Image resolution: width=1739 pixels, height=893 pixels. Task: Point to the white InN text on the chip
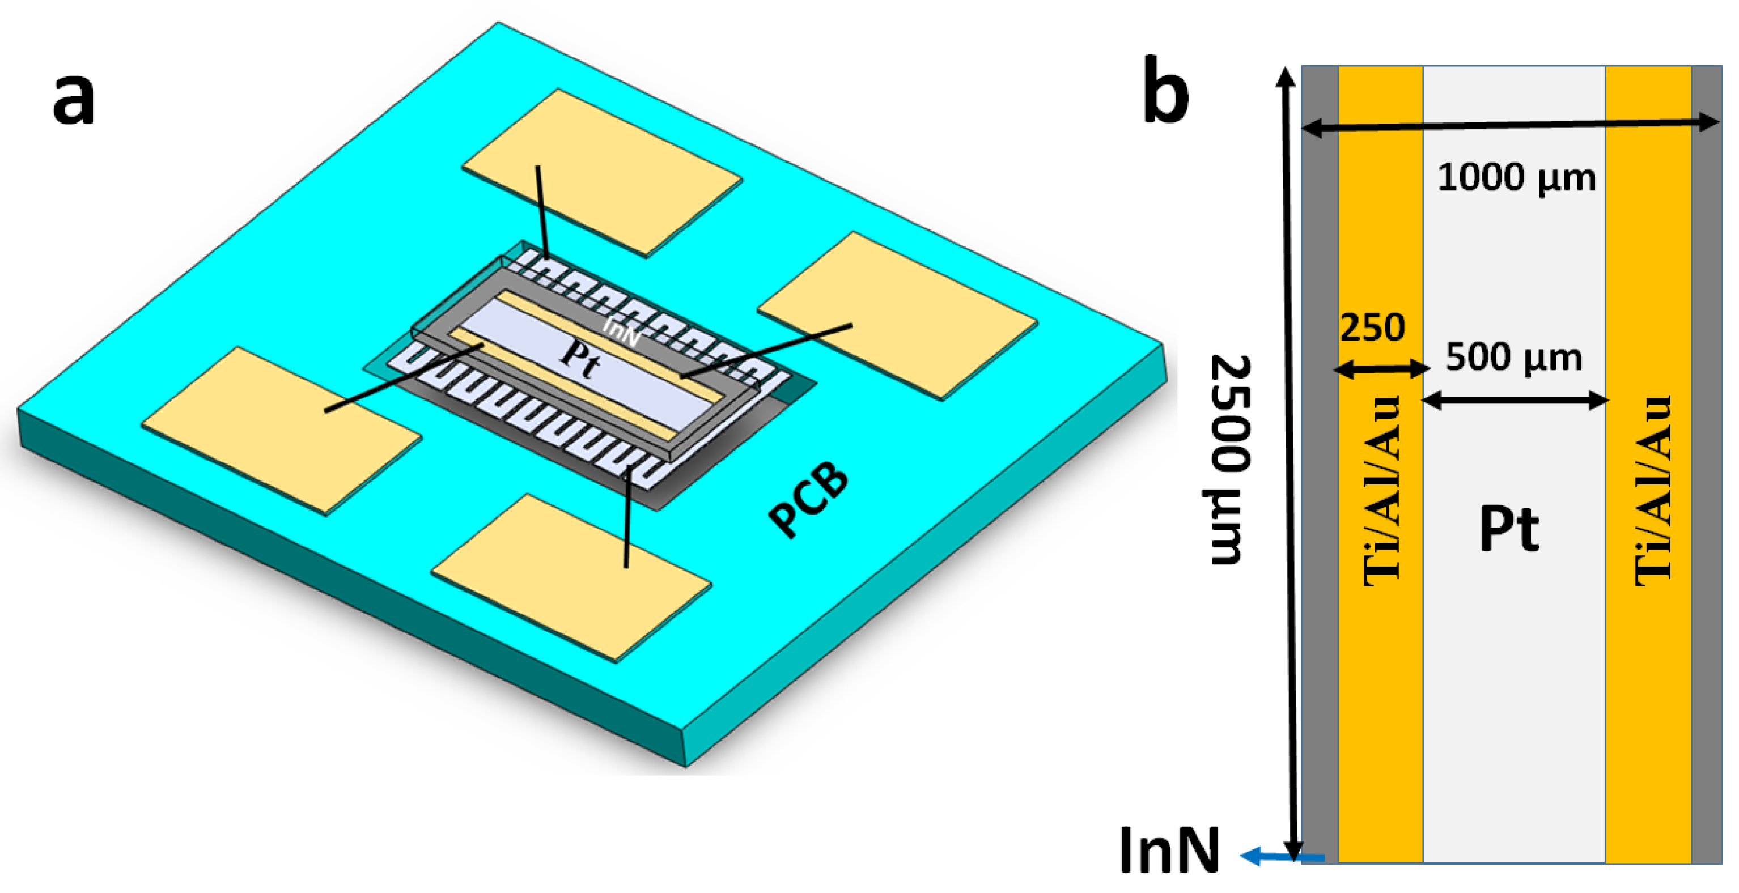click(621, 331)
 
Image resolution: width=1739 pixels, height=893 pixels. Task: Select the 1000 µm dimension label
click(1516, 178)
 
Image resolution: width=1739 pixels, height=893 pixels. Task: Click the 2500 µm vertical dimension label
click(1229, 460)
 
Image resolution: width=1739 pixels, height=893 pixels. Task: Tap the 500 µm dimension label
click(1513, 357)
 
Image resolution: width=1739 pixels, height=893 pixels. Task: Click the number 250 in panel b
click(1372, 328)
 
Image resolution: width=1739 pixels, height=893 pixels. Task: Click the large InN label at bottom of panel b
click(1169, 851)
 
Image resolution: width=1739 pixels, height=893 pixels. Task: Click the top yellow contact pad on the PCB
click(602, 173)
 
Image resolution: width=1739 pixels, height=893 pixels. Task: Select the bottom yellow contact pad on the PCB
click(571, 578)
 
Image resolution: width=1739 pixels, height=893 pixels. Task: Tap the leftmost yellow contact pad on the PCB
click(282, 431)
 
